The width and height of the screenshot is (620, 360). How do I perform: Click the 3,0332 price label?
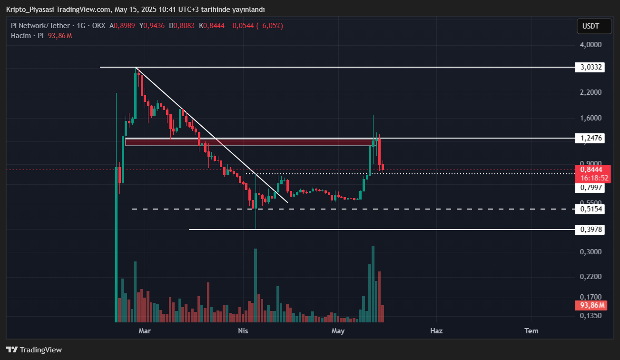tap(591, 67)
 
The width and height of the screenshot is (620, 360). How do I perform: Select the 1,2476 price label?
tap(591, 139)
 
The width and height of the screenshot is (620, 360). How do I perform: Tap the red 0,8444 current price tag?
tap(591, 170)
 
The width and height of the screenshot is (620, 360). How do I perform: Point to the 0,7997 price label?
tap(591, 188)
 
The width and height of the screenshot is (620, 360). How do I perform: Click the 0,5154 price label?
tap(591, 209)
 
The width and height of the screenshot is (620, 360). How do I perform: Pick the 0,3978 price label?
tap(591, 230)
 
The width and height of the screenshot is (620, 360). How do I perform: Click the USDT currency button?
tap(594, 26)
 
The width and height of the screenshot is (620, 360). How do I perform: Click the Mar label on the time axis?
tap(144, 330)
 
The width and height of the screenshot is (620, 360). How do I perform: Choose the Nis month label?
tap(243, 330)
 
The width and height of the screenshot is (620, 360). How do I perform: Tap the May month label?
tap(338, 330)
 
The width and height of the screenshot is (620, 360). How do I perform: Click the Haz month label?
tap(436, 330)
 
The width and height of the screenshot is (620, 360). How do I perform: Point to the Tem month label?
tap(531, 330)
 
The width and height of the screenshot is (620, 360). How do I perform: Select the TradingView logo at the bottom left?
tap(34, 350)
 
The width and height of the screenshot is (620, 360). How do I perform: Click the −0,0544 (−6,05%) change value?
tap(256, 26)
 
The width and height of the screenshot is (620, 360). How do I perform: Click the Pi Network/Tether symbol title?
tap(41, 26)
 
